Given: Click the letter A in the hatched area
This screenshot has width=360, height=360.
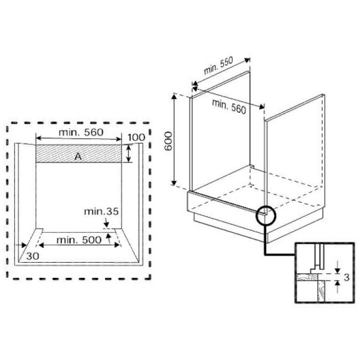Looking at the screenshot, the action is [x=78, y=157].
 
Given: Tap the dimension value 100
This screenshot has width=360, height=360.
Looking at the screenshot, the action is [x=136, y=137].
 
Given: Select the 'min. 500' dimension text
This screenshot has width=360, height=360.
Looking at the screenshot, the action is [x=79, y=240].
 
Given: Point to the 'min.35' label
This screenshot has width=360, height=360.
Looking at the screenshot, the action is [x=101, y=211].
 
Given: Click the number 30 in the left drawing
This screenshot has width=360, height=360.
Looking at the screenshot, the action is [x=32, y=256].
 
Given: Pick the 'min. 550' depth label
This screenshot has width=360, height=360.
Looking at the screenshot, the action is [x=218, y=65].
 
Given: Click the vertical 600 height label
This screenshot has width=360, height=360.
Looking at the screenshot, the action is [x=168, y=141].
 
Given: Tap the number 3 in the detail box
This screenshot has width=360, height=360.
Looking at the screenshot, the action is [x=346, y=277].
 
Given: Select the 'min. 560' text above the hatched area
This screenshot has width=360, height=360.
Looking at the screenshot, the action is [x=81, y=133].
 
